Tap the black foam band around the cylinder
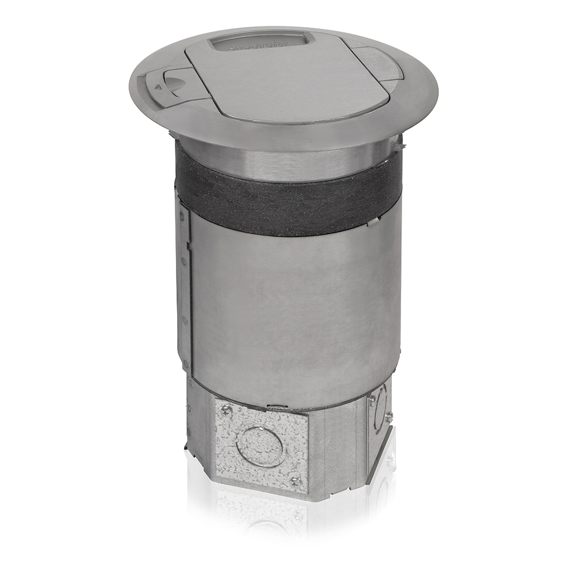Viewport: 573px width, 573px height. pos(286,195)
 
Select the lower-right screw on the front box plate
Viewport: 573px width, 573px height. pos(296,480)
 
